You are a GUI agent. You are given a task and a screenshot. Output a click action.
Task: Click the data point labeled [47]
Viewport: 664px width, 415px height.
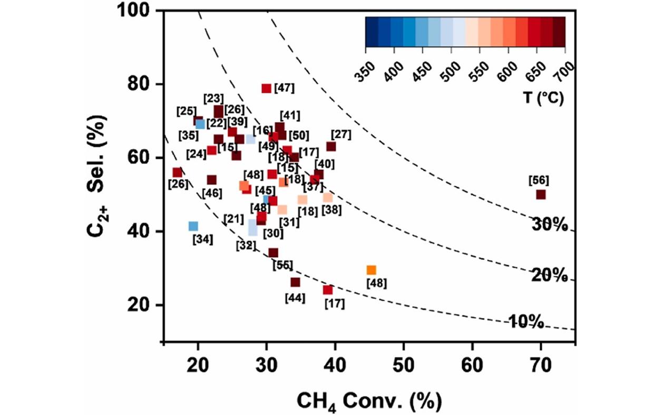[x=266, y=89]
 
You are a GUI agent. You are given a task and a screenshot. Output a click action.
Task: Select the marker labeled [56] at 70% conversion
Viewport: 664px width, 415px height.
[x=541, y=195]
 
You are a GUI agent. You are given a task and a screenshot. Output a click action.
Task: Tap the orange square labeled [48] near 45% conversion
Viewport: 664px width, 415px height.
[x=372, y=270]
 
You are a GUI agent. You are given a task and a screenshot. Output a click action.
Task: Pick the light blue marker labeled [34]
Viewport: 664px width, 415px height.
[x=193, y=226]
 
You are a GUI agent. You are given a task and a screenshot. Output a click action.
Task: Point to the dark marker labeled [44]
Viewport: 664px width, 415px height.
[x=295, y=283]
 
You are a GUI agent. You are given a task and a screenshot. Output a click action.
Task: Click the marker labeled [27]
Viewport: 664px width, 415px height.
[x=331, y=147]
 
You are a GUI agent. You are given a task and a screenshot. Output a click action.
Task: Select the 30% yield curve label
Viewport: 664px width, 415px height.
[x=549, y=225]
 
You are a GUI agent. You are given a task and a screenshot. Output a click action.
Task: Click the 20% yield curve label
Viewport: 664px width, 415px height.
[x=549, y=275]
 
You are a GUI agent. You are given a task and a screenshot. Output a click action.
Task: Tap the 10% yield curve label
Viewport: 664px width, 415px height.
[x=526, y=321]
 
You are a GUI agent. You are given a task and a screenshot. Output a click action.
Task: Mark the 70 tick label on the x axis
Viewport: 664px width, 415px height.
[x=540, y=364]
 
